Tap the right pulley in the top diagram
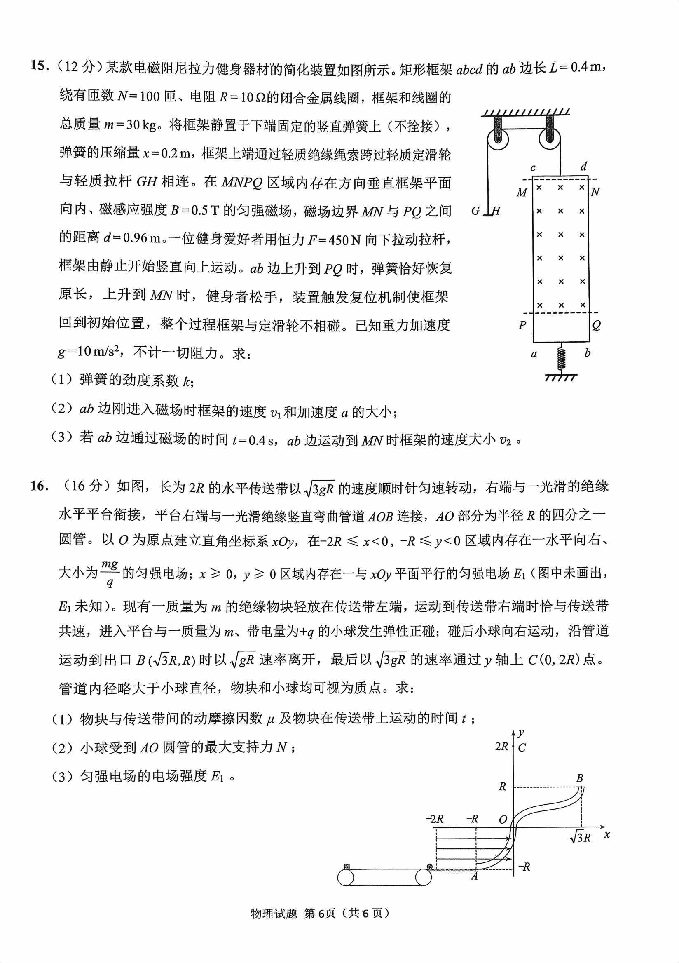[x=550, y=138]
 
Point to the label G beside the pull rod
[x=475, y=211]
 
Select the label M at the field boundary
[x=522, y=193]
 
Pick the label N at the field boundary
[x=595, y=193]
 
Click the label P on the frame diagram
[x=522, y=326]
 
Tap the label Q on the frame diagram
[x=596, y=326]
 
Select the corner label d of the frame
[x=584, y=167]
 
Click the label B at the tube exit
[x=580, y=778]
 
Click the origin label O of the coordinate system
[x=503, y=819]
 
